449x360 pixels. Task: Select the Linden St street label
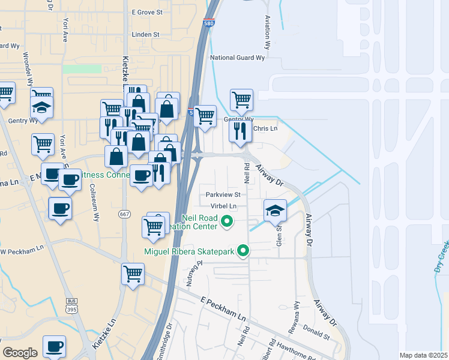(x=145, y=35)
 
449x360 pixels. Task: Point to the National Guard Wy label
(x=237, y=58)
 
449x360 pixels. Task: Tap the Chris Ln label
(x=265, y=128)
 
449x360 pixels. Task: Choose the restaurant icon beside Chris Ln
(x=240, y=130)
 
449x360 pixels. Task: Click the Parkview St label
(x=223, y=194)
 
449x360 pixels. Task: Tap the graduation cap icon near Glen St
(x=275, y=209)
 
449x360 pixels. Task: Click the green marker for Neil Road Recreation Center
(x=227, y=222)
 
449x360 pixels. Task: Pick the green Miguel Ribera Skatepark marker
(x=243, y=251)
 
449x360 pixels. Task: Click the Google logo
(x=20, y=352)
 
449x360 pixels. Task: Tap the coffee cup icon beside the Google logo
(x=54, y=346)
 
